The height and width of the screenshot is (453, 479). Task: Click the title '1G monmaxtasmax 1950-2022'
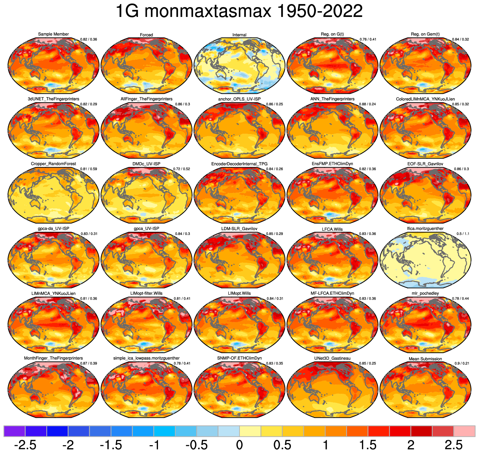(239, 12)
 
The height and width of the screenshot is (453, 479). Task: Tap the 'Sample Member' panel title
(53, 34)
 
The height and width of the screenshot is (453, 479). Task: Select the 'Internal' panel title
(239, 35)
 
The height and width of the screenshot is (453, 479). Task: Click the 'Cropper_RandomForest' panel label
(53, 164)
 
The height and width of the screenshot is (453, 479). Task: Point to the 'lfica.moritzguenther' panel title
(425, 229)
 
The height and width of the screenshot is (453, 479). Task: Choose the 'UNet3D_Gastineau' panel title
(332, 358)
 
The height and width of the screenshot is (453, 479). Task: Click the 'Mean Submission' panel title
(425, 359)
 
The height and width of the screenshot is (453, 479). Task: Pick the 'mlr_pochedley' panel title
(425, 293)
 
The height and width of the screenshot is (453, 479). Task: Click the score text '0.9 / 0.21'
(462, 364)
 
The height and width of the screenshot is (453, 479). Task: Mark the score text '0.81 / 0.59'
(89, 169)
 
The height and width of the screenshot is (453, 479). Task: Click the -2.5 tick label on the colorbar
(25, 445)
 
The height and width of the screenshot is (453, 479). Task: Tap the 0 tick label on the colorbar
(239, 445)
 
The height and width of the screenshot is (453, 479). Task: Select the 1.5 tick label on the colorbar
(368, 445)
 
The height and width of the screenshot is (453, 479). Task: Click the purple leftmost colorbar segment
(15, 431)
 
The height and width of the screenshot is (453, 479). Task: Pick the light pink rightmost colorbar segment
(464, 431)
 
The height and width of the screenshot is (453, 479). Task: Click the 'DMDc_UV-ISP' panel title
(146, 164)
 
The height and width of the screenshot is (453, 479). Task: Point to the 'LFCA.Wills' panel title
(332, 229)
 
